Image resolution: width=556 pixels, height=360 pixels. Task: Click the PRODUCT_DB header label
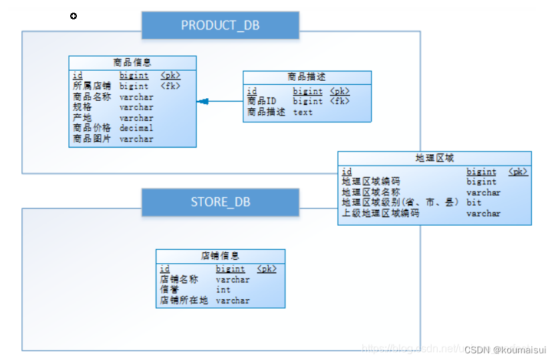pos(220,25)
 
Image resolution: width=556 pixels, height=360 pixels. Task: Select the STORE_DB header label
pos(220,201)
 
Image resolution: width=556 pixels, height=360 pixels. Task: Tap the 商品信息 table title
pos(132,63)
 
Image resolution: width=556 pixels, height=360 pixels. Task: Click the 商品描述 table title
pos(307,77)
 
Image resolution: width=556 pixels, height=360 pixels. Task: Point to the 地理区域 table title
pos(434,158)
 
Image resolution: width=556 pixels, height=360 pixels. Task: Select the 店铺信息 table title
pos(220,256)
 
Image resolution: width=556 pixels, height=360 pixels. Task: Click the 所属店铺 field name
pos(92,86)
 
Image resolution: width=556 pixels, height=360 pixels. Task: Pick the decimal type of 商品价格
pos(136,128)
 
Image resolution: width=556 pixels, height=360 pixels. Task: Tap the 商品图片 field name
pos(92,139)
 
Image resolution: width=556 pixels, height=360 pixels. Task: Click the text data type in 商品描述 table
pos(303,112)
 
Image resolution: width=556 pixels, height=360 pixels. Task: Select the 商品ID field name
pos(262,102)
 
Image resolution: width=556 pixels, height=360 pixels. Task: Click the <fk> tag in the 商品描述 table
pos(339,102)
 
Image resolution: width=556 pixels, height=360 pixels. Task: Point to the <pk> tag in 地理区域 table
pos(518,172)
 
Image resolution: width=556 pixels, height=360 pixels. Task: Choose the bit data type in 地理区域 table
pos(474,202)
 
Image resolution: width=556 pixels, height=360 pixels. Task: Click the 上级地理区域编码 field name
pos(381,214)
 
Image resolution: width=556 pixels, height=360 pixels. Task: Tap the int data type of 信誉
pos(223,290)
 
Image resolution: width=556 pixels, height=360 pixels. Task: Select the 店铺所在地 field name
pos(184,301)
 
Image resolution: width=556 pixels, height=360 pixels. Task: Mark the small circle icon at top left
pos(74,16)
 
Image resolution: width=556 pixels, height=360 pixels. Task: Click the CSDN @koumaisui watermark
pos(505,349)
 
